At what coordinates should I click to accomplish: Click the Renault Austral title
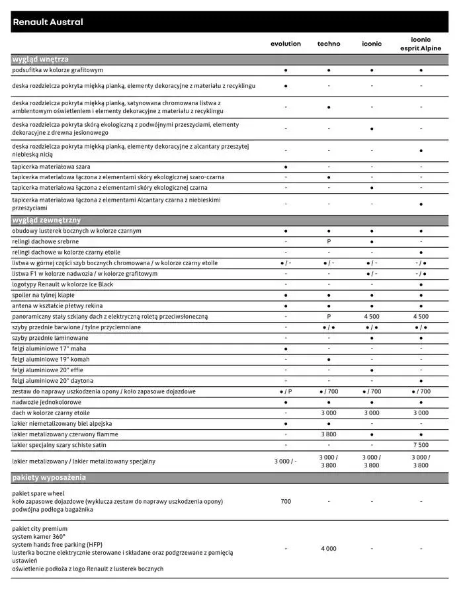[x=48, y=22]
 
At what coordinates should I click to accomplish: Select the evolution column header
[x=285, y=44]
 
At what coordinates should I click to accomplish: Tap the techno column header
[x=329, y=44]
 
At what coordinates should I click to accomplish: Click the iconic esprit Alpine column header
[x=421, y=44]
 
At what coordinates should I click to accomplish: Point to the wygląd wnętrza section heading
[x=40, y=59]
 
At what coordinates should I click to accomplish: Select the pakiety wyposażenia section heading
[x=49, y=477]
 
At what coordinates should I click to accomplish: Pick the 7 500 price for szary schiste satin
[x=421, y=445]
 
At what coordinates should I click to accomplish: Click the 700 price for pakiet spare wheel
[x=285, y=502]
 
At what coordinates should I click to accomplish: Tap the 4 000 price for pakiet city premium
[x=329, y=549]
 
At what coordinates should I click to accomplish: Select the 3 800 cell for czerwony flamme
[x=329, y=434]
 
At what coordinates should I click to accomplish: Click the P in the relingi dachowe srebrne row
[x=329, y=242]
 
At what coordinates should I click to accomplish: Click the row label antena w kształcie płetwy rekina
[x=58, y=306]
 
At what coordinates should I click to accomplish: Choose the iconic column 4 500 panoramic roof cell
[x=372, y=317]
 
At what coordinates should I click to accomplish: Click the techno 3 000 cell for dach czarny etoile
[x=329, y=413]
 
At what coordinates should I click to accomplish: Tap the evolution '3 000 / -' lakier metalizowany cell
[x=285, y=461]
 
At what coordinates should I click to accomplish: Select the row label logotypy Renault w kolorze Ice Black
[x=63, y=284]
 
